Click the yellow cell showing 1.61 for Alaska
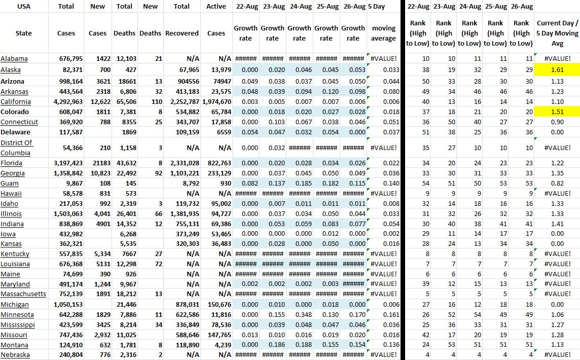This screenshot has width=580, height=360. [557, 69]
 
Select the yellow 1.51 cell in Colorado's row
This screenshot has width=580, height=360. [557, 112]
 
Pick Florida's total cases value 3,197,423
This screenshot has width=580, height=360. [67, 163]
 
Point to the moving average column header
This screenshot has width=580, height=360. [383, 33]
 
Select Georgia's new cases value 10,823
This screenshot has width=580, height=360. [98, 173]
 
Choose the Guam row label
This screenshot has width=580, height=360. [10, 183]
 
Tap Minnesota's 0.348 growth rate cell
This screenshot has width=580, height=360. [299, 314]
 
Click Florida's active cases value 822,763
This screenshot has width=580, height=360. [217, 163]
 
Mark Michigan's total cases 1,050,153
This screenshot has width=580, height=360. [67, 304]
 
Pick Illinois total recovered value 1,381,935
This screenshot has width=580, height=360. [183, 213]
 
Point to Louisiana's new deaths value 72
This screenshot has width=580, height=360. [156, 264]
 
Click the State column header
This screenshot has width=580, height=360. [24, 33]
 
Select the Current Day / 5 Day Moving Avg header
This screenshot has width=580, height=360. [557, 33]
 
